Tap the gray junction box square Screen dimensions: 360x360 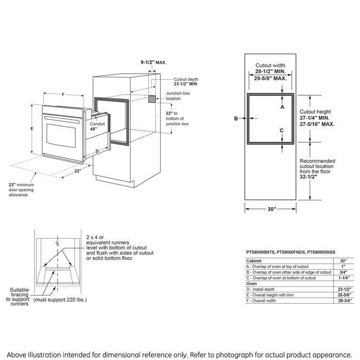pos(153,100)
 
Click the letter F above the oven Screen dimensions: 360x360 pos(63,95)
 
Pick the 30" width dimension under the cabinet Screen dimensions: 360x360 pos(271,209)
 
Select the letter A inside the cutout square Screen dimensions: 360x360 pos(282,107)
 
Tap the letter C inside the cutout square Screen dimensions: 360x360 pos(282,130)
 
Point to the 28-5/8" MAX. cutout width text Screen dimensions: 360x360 pos(271,78)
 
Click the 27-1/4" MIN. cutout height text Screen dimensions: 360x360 pos(317,117)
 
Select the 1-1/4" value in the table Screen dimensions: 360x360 pos(344,278)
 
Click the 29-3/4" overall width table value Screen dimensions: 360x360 pos(344,300)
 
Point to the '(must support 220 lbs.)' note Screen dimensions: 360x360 pos(60,299)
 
